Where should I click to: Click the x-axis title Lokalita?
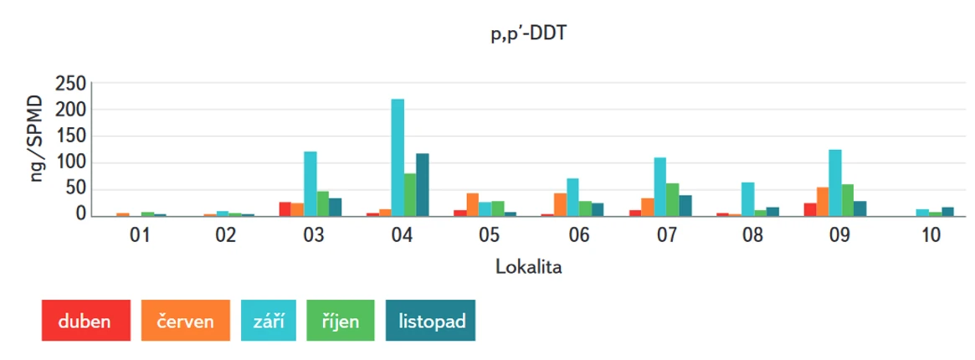coord(528,267)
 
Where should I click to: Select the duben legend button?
coord(85,321)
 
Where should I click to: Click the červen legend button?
coord(185,321)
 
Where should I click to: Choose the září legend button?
coord(269,321)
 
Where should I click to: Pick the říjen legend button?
coord(340,321)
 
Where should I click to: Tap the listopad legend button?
coord(430,321)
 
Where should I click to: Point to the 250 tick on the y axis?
coord(70,84)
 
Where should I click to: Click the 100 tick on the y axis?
coord(70,162)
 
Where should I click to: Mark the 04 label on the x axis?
coord(402,236)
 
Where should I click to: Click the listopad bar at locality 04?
coord(423,184)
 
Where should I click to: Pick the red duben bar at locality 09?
coord(809,209)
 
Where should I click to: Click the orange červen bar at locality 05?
coord(473,204)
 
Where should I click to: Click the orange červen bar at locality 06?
coord(560,204)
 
